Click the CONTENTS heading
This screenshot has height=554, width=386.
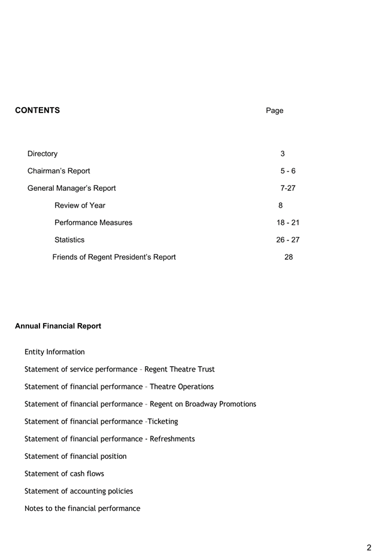pyautogui.click(x=37, y=110)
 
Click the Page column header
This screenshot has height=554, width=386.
pyautogui.click(x=274, y=111)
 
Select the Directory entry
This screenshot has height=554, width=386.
pyautogui.click(x=42, y=154)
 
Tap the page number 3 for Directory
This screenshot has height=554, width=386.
pyautogui.click(x=282, y=154)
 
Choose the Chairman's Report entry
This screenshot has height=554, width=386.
pyautogui.click(x=59, y=171)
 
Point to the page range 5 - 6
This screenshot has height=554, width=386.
pyautogui.click(x=288, y=171)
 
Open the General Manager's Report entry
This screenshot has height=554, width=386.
pyautogui.click(x=72, y=188)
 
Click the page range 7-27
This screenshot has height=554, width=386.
pyautogui.click(x=288, y=188)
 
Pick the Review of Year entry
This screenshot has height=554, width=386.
pyautogui.click(x=80, y=205)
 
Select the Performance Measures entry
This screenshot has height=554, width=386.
pyautogui.click(x=93, y=223)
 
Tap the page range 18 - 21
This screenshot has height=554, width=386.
pyautogui.click(x=288, y=223)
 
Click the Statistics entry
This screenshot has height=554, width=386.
pyautogui.click(x=69, y=240)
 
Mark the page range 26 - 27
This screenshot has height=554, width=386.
pyautogui.click(x=288, y=240)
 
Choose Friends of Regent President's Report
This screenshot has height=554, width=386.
pyautogui.click(x=114, y=257)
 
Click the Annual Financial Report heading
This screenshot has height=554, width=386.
pyautogui.click(x=58, y=326)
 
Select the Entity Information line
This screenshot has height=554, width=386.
pyautogui.click(x=54, y=352)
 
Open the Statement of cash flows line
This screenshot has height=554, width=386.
pyautogui.click(x=64, y=473)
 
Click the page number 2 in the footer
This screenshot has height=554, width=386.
pyautogui.click(x=369, y=547)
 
